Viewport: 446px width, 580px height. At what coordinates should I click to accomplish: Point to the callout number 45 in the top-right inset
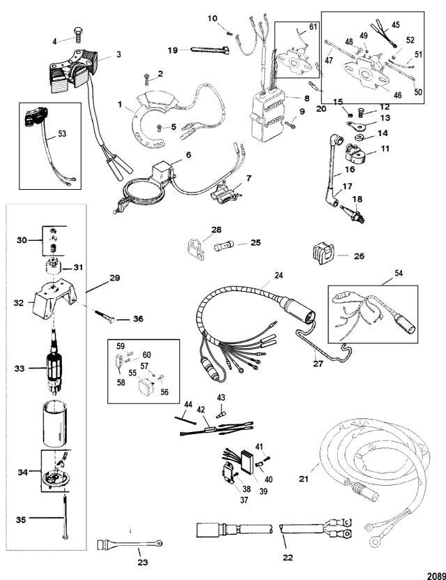pos(416,24)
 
